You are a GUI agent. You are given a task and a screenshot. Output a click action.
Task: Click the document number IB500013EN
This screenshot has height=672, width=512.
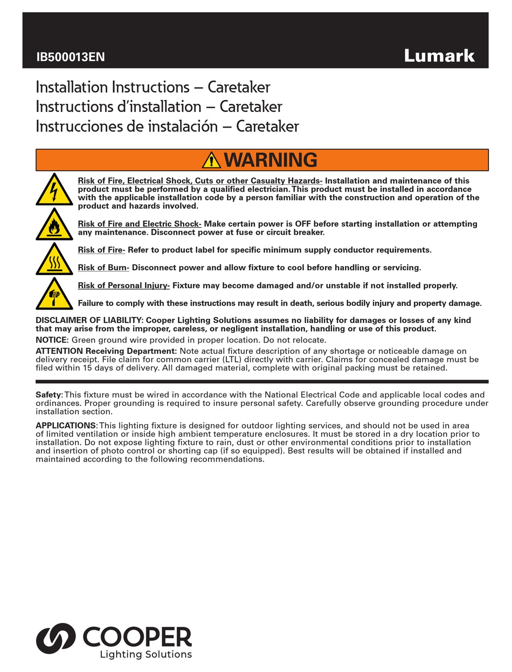click(x=71, y=57)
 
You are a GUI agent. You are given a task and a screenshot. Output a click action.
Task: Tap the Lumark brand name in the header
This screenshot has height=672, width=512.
click(x=439, y=55)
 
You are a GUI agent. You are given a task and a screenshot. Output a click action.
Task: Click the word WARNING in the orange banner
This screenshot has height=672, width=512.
click(x=270, y=160)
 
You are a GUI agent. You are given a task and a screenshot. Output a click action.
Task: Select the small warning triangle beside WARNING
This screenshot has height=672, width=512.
click(x=211, y=160)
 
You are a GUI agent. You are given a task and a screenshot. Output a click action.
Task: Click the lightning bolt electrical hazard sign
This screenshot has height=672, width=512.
click(x=54, y=190)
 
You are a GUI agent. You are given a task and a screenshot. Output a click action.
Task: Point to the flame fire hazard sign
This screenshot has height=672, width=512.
click(x=54, y=225)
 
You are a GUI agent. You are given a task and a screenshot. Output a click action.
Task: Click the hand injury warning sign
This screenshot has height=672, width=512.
click(x=54, y=294)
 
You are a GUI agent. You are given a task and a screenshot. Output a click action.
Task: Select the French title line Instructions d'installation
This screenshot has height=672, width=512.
click(x=158, y=107)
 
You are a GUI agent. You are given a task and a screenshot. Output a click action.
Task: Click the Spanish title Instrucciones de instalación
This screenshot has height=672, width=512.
click(x=167, y=127)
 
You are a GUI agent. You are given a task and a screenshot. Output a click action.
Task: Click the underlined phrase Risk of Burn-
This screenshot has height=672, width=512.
click(x=103, y=268)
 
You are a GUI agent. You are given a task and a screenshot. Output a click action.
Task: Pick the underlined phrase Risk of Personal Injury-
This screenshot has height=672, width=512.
click(x=124, y=285)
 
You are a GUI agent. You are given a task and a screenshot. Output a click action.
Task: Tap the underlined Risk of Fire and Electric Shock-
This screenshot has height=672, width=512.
click(x=140, y=224)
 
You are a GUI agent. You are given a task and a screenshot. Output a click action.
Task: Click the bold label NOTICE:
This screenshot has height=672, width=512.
click(x=52, y=340)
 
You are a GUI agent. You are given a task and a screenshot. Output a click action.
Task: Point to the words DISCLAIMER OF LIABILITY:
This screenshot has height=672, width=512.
click(x=89, y=320)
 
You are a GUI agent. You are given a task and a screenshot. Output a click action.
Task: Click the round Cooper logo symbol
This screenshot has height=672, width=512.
click(x=56, y=639)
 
